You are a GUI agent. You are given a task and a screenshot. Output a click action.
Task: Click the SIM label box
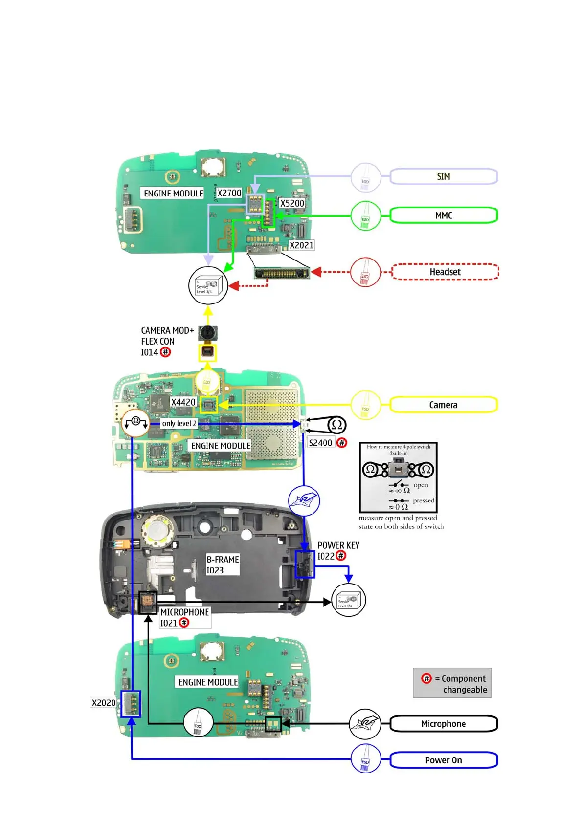click(443, 176)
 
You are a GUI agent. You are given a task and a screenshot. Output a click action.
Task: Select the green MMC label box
click(443, 216)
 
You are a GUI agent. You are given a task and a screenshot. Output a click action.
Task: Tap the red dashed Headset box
click(445, 272)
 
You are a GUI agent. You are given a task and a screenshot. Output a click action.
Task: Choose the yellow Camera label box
click(443, 405)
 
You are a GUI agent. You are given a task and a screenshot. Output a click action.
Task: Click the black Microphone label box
click(443, 724)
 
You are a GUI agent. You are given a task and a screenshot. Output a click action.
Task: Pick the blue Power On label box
click(443, 760)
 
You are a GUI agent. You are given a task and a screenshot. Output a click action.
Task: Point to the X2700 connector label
click(229, 193)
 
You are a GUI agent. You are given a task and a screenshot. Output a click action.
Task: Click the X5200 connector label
click(292, 203)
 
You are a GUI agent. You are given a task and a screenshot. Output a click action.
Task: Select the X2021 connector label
click(301, 245)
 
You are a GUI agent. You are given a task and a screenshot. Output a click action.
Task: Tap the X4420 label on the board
click(183, 402)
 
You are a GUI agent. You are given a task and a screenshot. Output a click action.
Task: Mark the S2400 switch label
click(321, 443)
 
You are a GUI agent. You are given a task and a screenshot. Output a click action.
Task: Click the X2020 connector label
click(104, 703)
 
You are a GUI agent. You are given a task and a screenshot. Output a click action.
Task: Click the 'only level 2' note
click(179, 423)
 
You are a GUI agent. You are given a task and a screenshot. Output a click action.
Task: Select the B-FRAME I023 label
click(223, 564)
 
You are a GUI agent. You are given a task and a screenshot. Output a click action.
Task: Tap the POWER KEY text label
click(338, 545)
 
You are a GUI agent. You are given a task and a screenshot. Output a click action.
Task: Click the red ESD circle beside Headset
click(365, 272)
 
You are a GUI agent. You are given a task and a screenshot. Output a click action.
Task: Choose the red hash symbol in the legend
click(426, 678)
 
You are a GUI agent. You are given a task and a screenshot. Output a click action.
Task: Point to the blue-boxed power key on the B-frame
click(305, 564)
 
